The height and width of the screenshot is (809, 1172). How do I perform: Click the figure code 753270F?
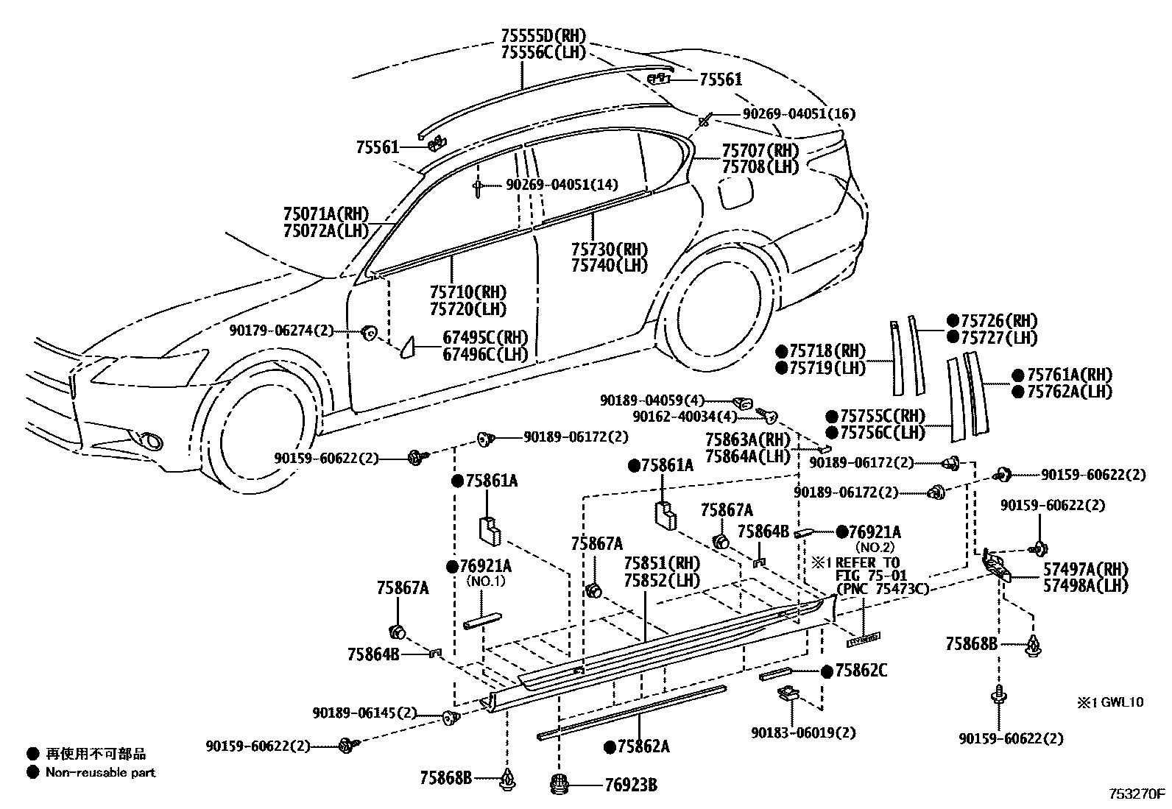click(x=1137, y=794)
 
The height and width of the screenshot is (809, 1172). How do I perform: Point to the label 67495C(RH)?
click(x=485, y=337)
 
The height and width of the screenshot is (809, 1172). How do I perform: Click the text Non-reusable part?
click(x=101, y=772)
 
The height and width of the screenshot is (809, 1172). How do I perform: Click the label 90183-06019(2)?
click(x=804, y=732)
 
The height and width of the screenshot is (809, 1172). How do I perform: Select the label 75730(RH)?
click(x=610, y=249)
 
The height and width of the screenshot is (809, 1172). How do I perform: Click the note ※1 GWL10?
click(x=1111, y=702)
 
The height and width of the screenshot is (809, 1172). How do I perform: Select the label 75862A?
click(x=643, y=746)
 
